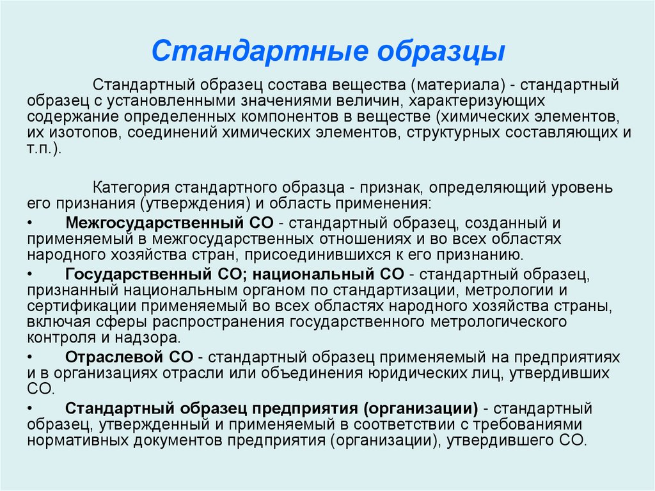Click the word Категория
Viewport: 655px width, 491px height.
coord(130,188)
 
